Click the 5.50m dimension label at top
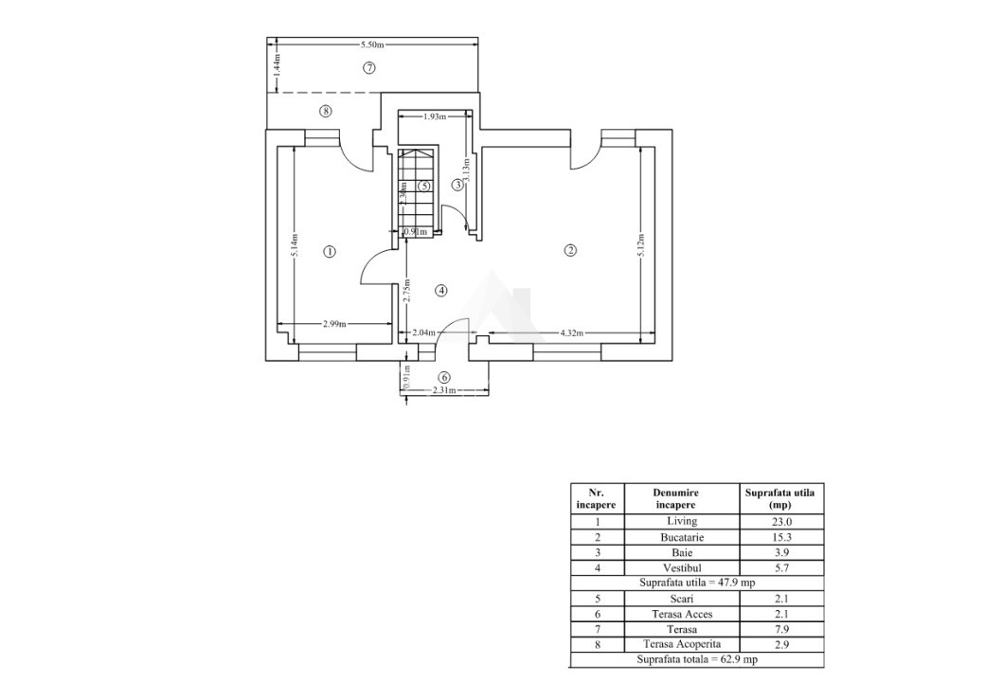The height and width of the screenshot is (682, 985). [x=371, y=45]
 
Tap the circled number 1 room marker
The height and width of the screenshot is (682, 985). [x=329, y=252]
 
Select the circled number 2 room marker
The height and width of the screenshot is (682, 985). [x=569, y=251]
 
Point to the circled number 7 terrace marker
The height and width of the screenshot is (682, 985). [x=369, y=67]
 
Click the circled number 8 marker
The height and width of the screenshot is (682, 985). [x=326, y=111]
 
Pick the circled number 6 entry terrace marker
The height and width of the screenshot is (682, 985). [x=444, y=377]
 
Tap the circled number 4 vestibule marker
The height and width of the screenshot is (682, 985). [x=439, y=291]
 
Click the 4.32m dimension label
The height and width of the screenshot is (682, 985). [x=572, y=333]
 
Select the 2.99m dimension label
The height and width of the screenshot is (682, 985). [x=334, y=324]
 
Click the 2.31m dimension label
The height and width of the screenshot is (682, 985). [x=444, y=390]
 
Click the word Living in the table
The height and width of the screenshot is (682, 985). [x=681, y=521]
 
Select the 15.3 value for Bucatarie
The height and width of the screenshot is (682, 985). [x=781, y=537]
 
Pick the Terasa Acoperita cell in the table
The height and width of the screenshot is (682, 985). [x=681, y=644]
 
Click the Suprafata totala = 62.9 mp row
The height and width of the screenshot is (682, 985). [x=696, y=658]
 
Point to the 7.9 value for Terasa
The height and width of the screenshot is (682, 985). [x=781, y=629]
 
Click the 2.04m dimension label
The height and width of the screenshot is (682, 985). [x=424, y=333]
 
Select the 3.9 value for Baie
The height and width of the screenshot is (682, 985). [x=781, y=552]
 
